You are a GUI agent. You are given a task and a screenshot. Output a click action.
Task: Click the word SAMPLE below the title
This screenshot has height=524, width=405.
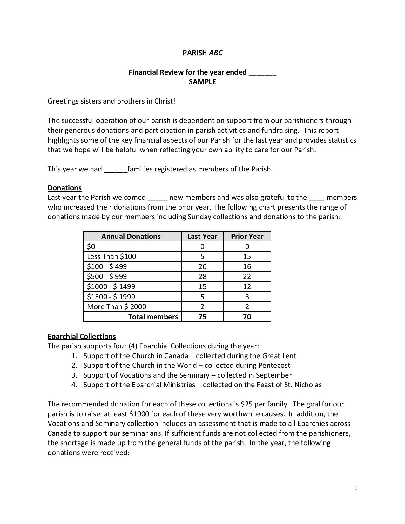(x=202, y=82)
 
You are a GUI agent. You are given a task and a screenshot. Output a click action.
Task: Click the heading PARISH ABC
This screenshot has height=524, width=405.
(x=202, y=53)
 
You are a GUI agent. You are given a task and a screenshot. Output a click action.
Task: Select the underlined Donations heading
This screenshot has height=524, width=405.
(x=64, y=188)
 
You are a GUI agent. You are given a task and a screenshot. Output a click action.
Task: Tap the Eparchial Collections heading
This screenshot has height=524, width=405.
(x=82, y=337)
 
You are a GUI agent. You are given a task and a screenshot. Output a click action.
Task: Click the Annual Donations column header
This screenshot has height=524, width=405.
(x=131, y=237)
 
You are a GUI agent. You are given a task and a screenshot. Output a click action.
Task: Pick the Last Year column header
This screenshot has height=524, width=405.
(x=202, y=237)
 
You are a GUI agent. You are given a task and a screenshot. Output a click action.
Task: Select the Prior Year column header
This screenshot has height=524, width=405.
(x=247, y=237)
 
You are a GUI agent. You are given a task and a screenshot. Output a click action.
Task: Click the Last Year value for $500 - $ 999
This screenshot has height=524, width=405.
(x=202, y=277)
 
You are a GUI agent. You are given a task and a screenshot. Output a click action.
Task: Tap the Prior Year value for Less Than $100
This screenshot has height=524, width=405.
(x=247, y=257)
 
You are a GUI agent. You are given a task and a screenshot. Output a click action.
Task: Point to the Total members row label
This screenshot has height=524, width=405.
(x=153, y=317)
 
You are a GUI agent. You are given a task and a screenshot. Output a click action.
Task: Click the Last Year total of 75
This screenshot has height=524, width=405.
(x=202, y=317)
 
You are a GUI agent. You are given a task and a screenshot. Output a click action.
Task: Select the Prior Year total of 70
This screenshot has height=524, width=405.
(x=247, y=317)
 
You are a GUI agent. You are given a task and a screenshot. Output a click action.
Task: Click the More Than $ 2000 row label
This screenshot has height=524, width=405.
(x=117, y=307)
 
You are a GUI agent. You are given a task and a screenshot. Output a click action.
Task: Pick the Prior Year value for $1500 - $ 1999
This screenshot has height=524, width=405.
(x=247, y=297)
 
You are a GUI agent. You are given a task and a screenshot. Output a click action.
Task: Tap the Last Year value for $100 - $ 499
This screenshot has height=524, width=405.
(x=202, y=267)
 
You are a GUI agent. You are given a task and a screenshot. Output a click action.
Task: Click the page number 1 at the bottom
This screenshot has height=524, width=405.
(x=356, y=488)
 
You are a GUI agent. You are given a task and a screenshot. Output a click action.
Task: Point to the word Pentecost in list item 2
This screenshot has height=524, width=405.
(x=274, y=366)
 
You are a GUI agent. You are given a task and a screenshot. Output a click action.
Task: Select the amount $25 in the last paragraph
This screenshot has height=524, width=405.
(x=246, y=404)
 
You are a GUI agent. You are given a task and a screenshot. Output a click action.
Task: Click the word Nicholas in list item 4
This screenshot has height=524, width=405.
(x=308, y=385)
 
